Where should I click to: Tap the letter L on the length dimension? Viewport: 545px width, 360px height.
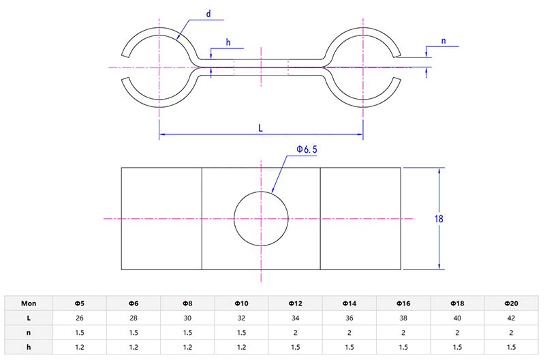(x=260, y=127)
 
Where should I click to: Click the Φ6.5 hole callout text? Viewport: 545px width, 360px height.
(x=307, y=149)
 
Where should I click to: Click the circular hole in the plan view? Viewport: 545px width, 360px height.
(x=261, y=219)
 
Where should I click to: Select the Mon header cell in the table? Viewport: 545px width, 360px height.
(x=29, y=303)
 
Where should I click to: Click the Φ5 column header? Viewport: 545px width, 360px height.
(x=80, y=303)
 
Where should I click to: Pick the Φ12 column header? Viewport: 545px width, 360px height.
(x=296, y=303)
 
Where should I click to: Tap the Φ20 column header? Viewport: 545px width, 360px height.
(x=511, y=303)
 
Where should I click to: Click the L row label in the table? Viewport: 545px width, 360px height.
(x=29, y=318)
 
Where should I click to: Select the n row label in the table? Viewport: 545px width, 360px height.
(x=29, y=332)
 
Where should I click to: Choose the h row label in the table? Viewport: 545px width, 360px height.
(x=29, y=346)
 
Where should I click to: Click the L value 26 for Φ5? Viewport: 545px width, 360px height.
(x=80, y=318)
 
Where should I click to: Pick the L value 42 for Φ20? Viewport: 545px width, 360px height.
(x=511, y=318)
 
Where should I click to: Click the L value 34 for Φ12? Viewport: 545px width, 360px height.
(x=296, y=318)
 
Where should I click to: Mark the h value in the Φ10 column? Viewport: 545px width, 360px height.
(x=241, y=346)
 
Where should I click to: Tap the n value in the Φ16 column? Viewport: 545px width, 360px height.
(x=403, y=332)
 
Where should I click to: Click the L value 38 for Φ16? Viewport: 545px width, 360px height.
(x=403, y=318)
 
